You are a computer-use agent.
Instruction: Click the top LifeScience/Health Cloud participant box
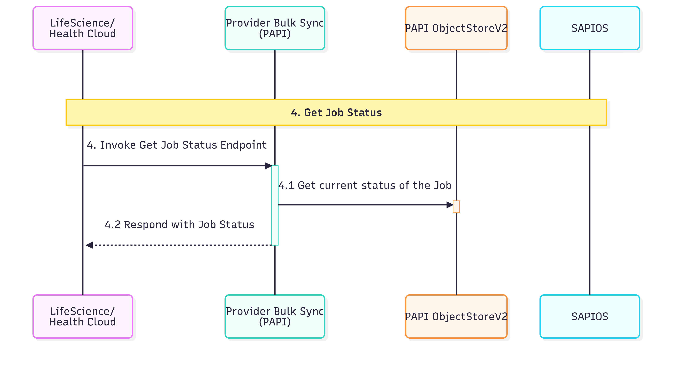tap(83, 28)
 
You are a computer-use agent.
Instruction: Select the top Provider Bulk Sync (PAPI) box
tap(275, 28)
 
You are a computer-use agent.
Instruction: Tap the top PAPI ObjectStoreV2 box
tap(456, 28)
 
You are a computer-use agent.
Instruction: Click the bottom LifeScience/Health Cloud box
tap(83, 316)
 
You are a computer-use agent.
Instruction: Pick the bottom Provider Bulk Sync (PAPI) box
tap(275, 316)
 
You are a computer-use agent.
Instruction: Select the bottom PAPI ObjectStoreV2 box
tap(456, 316)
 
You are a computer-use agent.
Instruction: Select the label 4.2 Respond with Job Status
tap(180, 225)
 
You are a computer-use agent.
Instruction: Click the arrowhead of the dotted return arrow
tap(89, 245)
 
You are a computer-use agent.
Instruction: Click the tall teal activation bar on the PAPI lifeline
tap(275, 205)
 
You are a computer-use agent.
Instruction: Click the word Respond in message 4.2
tap(146, 225)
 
